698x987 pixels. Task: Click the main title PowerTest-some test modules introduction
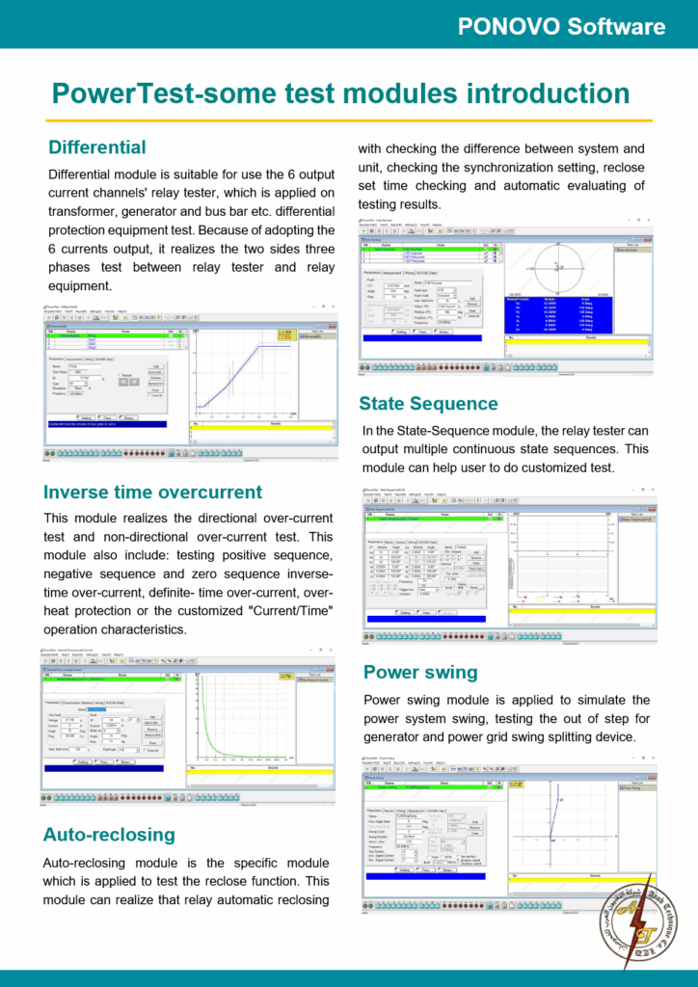click(340, 93)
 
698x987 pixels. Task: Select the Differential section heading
click(97, 147)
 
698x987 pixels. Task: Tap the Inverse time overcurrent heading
click(152, 492)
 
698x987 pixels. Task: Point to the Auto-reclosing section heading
click(109, 834)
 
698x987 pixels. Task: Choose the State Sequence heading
click(428, 403)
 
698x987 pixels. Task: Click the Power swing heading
click(420, 672)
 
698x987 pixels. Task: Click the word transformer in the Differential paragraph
click(81, 212)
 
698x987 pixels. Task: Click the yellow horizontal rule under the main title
click(349, 120)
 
